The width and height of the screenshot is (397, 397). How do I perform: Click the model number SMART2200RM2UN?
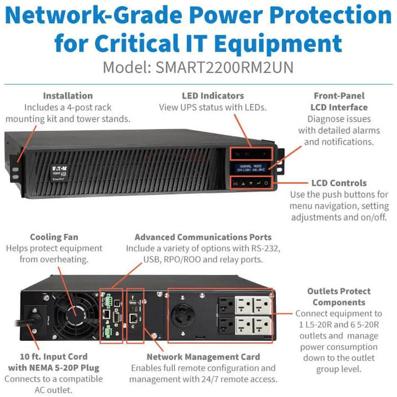(x=224, y=67)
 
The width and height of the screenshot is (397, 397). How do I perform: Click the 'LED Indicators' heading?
(x=213, y=96)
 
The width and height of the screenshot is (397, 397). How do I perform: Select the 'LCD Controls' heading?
(x=339, y=183)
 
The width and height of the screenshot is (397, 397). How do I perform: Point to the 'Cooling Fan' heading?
(x=54, y=237)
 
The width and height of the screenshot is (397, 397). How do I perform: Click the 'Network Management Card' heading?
(x=203, y=357)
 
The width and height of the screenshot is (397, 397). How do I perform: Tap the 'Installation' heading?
(x=68, y=96)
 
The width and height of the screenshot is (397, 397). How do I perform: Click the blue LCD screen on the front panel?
(x=251, y=168)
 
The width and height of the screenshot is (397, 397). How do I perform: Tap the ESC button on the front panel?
(x=236, y=184)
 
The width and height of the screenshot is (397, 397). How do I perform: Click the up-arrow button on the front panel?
(x=243, y=184)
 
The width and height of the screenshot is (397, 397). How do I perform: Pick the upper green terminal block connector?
(x=109, y=300)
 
